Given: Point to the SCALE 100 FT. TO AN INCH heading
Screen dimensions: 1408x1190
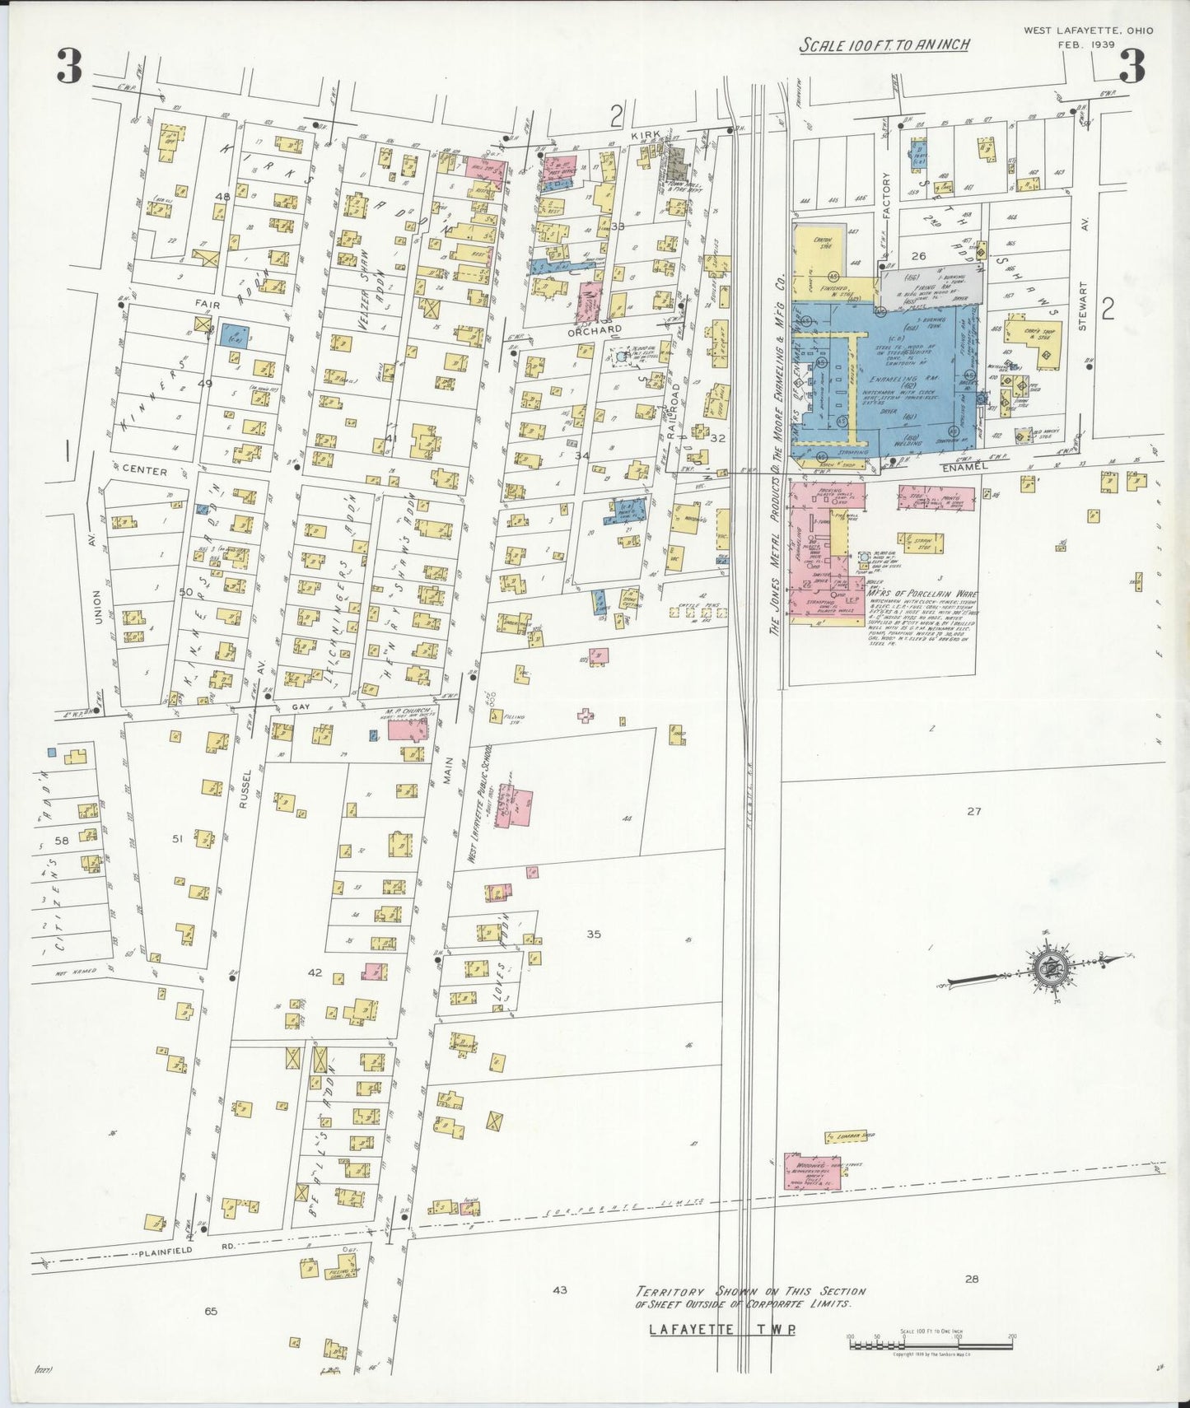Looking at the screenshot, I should tap(884, 45).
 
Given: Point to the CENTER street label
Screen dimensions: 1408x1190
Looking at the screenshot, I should tap(145, 472).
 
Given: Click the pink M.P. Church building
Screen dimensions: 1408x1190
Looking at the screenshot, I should tap(408, 730).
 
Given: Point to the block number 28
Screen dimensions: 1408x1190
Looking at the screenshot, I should tap(972, 1279).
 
